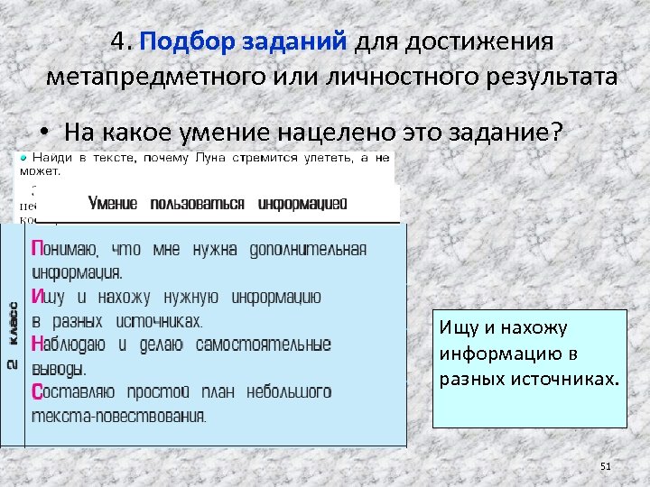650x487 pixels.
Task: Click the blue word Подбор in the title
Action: [181, 42]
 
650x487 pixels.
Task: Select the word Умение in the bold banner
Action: [113, 204]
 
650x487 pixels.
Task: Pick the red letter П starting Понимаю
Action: [36, 248]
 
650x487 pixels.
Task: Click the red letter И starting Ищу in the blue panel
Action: [36, 296]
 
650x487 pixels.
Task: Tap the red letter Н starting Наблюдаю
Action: [36, 345]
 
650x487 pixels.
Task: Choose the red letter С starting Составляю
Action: [36, 392]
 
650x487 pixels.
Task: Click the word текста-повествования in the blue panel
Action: [118, 416]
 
